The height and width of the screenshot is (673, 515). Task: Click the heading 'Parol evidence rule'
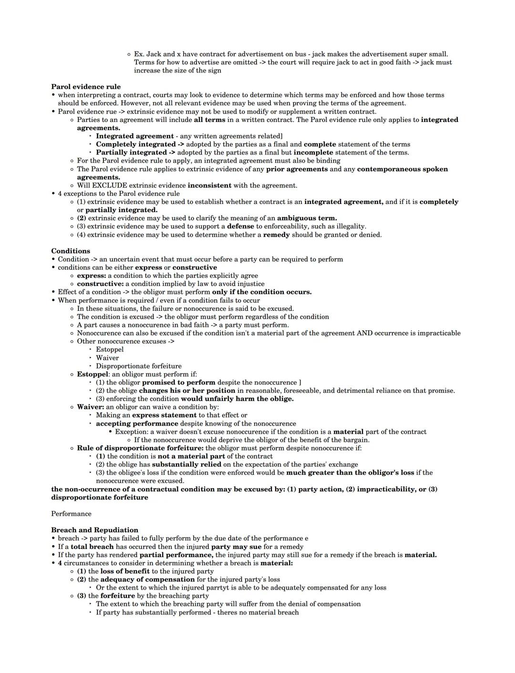click(x=86, y=87)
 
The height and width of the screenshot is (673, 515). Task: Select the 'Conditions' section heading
click(x=71, y=251)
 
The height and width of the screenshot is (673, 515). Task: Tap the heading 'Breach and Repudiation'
click(x=94, y=530)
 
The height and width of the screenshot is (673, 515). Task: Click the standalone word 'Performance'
click(x=71, y=514)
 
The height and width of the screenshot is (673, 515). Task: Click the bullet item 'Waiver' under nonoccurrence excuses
click(x=107, y=358)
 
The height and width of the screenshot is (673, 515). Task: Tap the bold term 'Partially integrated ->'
click(x=135, y=153)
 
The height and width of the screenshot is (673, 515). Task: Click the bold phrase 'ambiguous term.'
click(x=307, y=218)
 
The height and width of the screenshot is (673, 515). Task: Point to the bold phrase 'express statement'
click(x=164, y=415)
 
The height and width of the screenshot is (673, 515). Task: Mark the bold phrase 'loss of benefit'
click(x=125, y=571)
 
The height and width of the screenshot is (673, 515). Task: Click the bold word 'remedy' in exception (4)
click(x=276, y=235)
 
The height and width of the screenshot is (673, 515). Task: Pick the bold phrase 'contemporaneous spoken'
click(x=402, y=169)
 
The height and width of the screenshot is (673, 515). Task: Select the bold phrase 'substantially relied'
click(x=186, y=464)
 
